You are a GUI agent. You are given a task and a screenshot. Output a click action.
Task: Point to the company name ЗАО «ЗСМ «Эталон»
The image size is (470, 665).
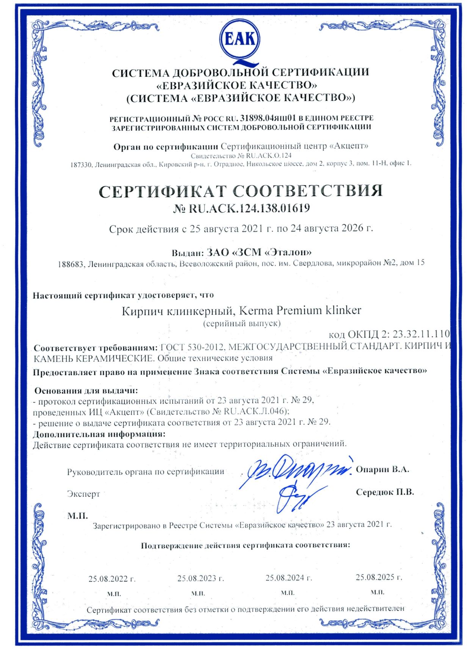click(259, 252)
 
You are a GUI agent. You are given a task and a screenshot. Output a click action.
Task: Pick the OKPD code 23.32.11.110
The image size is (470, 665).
click(421, 334)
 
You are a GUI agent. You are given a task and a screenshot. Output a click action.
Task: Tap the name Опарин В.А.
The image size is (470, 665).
click(382, 469)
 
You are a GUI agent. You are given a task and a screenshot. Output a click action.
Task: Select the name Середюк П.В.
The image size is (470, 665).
click(385, 492)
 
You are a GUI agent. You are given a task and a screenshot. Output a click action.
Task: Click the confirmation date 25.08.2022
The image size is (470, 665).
click(112, 579)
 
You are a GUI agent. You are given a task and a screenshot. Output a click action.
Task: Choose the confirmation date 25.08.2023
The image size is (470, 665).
click(201, 578)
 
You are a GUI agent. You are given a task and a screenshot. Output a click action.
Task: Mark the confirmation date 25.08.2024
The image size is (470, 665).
click(288, 578)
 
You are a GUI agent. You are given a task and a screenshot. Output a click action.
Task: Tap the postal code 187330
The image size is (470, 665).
click(81, 164)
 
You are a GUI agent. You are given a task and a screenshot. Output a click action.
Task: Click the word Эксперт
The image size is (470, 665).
click(83, 494)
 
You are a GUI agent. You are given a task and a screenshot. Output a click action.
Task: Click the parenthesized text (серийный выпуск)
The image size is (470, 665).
click(242, 324)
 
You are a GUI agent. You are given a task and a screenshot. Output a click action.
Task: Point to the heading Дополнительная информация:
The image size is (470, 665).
click(99, 434)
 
